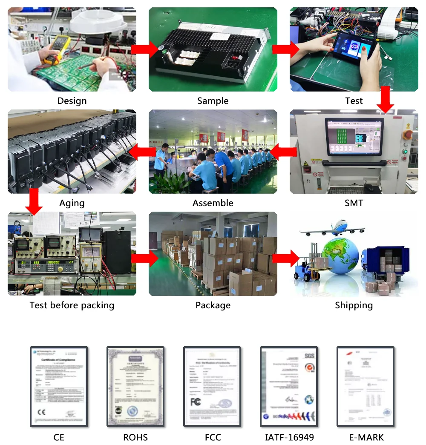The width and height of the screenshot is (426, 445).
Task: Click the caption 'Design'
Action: pyautogui.click(x=72, y=101)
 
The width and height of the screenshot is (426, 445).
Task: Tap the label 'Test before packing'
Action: pyautogui.click(x=72, y=305)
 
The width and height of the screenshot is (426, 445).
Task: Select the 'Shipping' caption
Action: pyautogui.click(x=354, y=305)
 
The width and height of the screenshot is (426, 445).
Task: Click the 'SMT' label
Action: pyautogui.click(x=354, y=203)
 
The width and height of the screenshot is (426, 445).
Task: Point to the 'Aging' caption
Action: pyautogui.click(x=72, y=203)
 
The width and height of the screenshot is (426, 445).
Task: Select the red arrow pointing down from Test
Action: pyautogui.click(x=386, y=99)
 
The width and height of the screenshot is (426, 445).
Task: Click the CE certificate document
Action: pyautogui.click(x=59, y=387)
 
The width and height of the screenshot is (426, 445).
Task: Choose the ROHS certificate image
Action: pyautogui.click(x=135, y=387)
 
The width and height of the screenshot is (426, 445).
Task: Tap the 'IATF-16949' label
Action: pyautogui.click(x=289, y=437)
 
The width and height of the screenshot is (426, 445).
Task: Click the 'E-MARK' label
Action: pyautogui.click(x=366, y=437)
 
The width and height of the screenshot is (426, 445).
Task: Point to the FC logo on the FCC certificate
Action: pyautogui.click(x=196, y=402)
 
